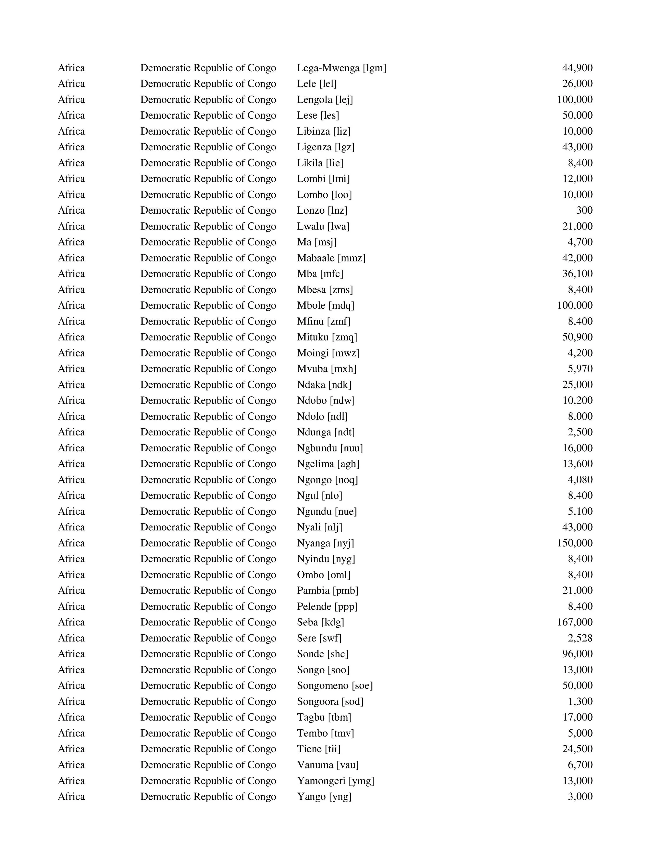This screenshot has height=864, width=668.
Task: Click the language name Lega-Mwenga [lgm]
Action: point(341,68)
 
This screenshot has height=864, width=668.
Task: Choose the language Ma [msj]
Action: point(317,242)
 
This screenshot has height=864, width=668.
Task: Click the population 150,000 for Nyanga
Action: point(574,543)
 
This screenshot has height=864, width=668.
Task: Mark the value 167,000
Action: point(574,622)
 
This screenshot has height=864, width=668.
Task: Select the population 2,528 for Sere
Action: point(580,638)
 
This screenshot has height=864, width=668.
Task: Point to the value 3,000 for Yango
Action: point(580,797)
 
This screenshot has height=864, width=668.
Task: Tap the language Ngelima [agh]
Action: point(328,464)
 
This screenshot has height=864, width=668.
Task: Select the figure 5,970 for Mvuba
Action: point(580,369)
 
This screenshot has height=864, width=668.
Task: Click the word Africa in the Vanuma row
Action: point(71,765)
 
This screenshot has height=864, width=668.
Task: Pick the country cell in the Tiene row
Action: point(208,749)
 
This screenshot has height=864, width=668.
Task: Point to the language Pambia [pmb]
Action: point(328,591)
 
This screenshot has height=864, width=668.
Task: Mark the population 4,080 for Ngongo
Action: point(580,480)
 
